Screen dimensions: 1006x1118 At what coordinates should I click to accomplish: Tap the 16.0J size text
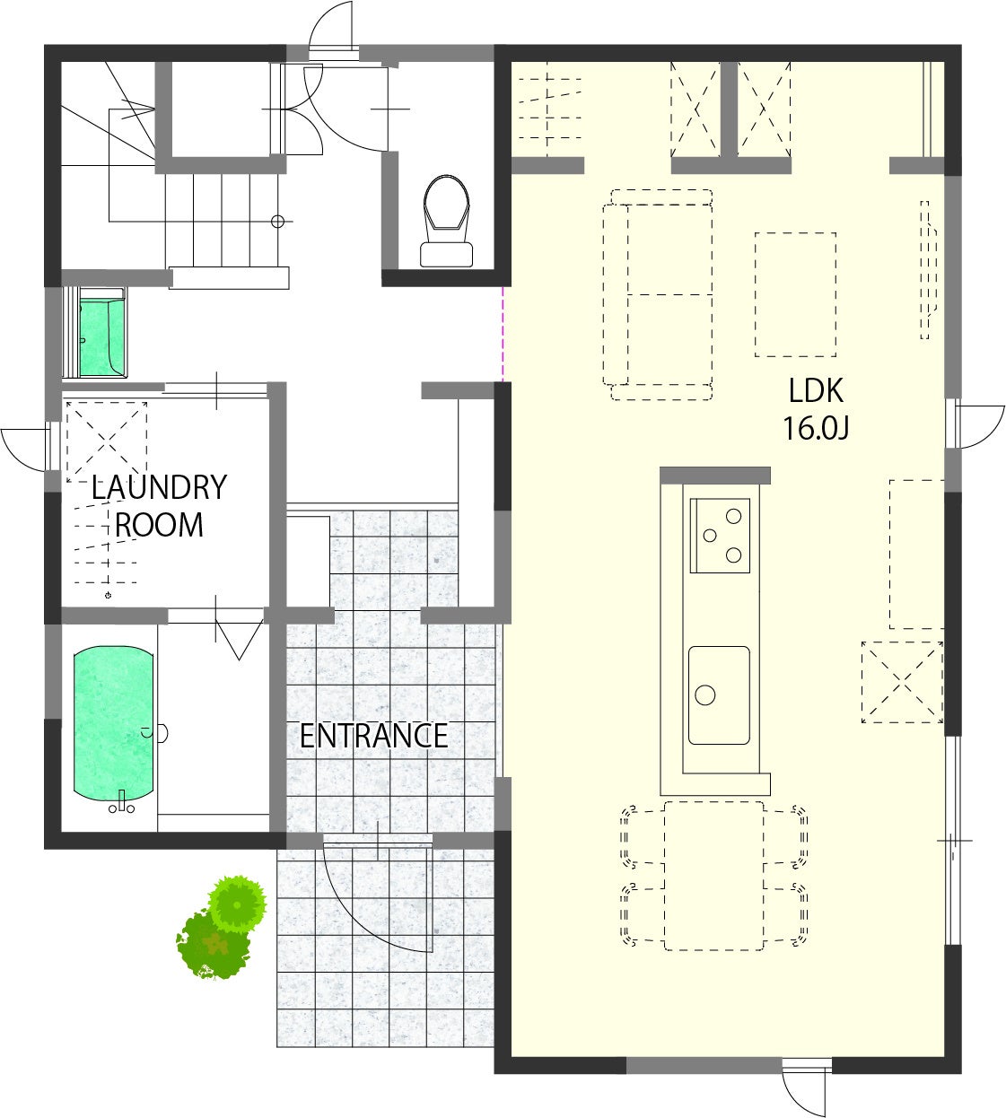[816, 429]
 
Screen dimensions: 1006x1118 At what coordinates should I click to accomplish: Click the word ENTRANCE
[373, 737]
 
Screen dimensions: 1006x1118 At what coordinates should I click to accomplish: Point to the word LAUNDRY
[159, 487]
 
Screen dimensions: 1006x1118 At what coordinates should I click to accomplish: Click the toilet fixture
[446, 221]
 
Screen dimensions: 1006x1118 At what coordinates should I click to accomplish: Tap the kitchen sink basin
[719, 695]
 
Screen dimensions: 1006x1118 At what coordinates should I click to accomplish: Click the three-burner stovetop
[720, 536]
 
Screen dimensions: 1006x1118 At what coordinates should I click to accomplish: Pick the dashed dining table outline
[713, 876]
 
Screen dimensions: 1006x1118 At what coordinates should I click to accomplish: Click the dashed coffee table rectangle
[795, 294]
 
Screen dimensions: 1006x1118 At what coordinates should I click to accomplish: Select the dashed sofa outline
[658, 295]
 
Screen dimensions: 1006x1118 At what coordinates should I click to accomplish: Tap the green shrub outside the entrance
[222, 928]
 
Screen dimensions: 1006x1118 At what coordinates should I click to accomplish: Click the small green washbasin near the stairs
[101, 336]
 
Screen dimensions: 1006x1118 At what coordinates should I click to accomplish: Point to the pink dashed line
[503, 335]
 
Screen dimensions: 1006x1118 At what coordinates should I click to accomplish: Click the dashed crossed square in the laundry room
[107, 442]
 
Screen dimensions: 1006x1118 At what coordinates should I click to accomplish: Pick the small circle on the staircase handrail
[277, 222]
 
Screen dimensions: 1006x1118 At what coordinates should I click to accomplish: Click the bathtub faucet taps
[121, 803]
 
